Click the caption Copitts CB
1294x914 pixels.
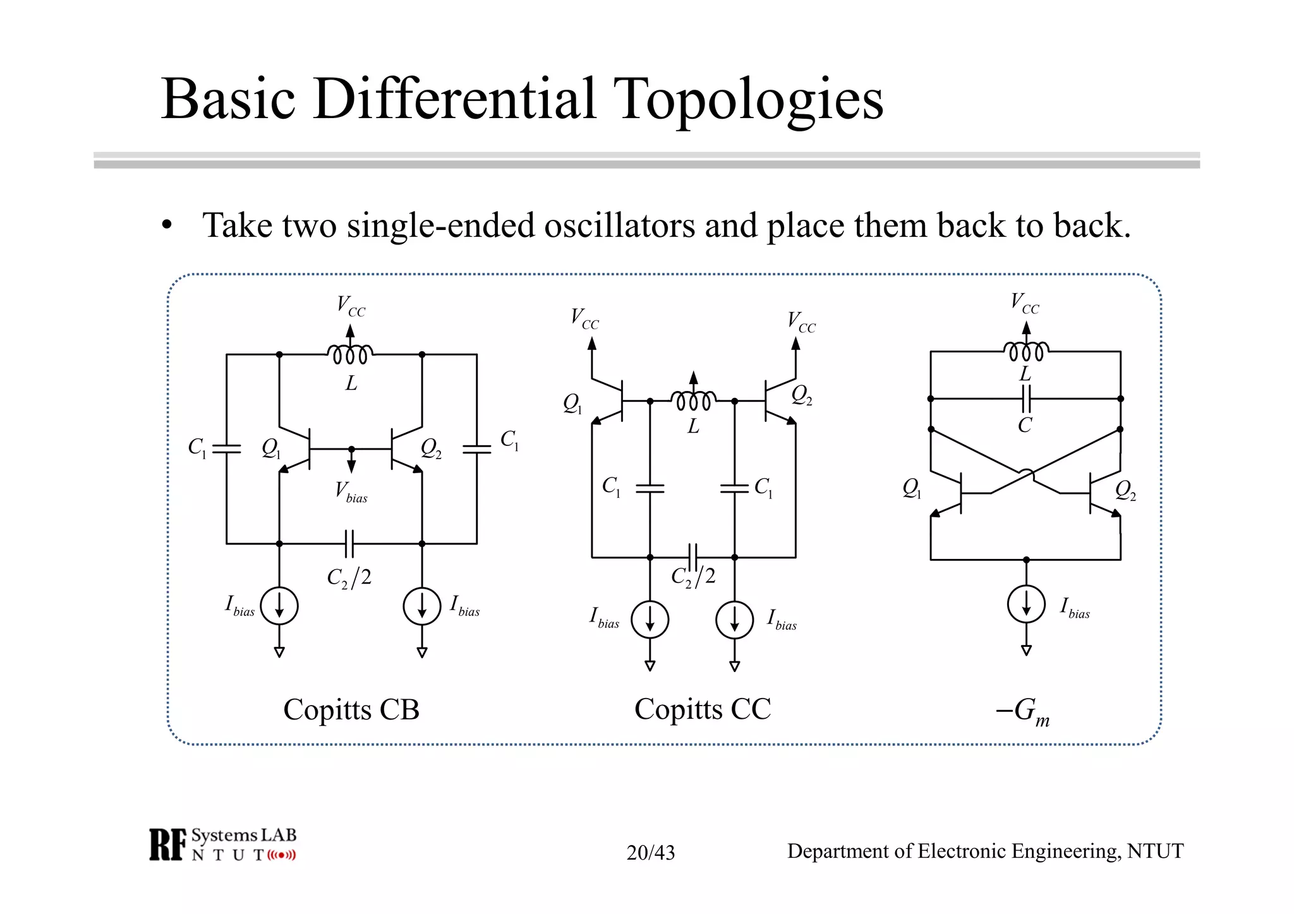(x=351, y=709)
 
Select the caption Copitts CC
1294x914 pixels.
(x=703, y=709)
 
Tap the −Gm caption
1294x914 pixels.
(x=1022, y=711)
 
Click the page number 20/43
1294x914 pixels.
(x=650, y=853)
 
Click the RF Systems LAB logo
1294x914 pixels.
(x=222, y=845)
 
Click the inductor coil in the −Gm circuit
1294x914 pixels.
(x=1026, y=351)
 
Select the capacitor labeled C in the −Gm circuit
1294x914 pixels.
(x=1026, y=399)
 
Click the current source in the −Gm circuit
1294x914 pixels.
(x=1026, y=604)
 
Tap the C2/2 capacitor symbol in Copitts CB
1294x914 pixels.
(x=349, y=543)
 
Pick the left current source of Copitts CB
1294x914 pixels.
(x=279, y=606)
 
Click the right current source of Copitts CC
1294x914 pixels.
(x=734, y=619)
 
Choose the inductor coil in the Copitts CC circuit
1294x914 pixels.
(x=693, y=401)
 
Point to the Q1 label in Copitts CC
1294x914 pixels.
(x=572, y=404)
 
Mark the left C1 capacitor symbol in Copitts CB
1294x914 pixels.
(x=227, y=448)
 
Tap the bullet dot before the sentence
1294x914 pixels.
(x=167, y=225)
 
